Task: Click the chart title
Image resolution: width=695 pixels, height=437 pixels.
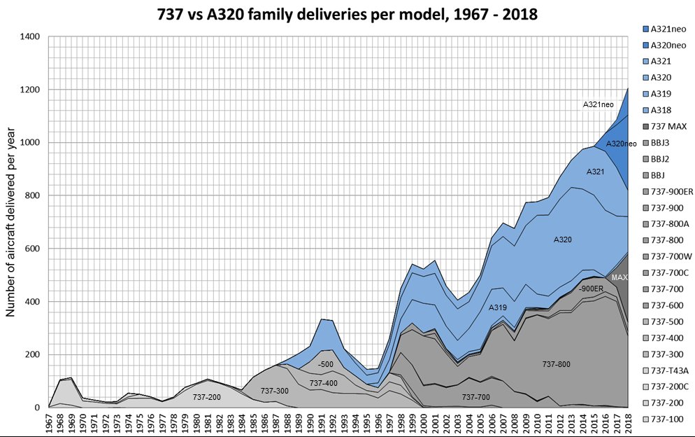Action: point(347,14)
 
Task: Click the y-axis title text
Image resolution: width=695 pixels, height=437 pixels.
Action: point(10,222)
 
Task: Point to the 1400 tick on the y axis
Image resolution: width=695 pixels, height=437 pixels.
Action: point(29,36)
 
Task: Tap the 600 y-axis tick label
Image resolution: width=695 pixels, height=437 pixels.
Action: point(32,249)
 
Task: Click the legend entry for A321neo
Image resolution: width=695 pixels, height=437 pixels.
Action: point(664,29)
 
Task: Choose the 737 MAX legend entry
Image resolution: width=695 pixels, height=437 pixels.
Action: point(664,127)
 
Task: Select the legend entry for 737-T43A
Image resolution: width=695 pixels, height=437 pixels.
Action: point(666,370)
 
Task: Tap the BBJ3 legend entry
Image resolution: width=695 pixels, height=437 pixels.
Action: point(656,143)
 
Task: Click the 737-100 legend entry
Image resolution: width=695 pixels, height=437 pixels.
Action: point(663,419)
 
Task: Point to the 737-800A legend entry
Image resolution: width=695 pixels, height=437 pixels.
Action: point(666,224)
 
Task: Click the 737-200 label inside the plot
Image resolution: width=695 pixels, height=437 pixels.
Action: point(206,397)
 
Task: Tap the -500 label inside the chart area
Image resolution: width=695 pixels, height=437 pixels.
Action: point(325,364)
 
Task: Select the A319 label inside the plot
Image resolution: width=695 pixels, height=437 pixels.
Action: point(498,307)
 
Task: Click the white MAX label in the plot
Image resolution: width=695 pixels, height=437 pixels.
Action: point(619,277)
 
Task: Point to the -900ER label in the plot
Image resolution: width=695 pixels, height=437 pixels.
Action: point(591,289)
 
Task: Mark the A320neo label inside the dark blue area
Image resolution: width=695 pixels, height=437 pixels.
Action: point(622,144)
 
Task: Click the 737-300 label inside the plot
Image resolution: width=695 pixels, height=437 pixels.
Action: point(274,391)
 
